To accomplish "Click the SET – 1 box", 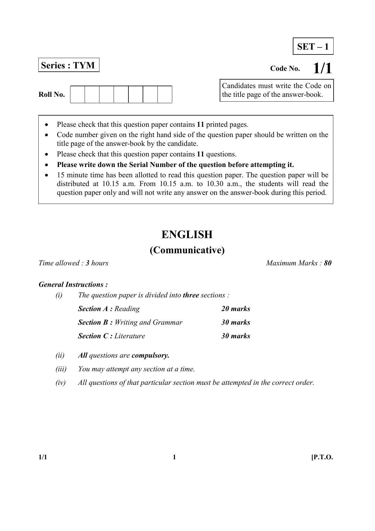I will click(313, 46).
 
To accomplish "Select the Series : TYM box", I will click(69, 65).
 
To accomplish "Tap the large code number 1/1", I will click(322, 68).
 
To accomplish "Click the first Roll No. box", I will click(78, 94).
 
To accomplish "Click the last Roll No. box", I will click(165, 94).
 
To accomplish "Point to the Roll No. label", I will click(52, 94).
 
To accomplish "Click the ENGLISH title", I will click(187, 234).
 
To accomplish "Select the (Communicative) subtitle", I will click(187, 250).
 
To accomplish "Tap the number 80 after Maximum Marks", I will click(328, 263).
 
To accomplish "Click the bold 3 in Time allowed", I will click(87, 263).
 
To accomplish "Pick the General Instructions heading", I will click(73, 284).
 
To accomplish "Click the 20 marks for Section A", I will click(236, 309).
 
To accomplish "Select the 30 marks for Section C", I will click(236, 336).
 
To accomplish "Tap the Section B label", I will click(95, 322).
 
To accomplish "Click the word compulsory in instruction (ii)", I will click(150, 355).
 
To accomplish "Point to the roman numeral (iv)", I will click(60, 382).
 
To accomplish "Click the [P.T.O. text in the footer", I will click(322, 457).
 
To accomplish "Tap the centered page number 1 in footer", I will click(174, 457).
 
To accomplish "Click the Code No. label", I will click(285, 68).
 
